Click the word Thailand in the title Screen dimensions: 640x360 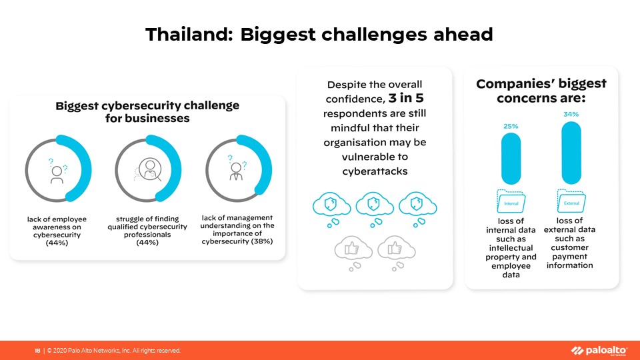(189, 34)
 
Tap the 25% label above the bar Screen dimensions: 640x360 (511, 127)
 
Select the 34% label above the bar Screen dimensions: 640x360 (571, 114)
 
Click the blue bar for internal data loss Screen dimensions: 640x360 (511, 159)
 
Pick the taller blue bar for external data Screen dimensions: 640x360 (571, 153)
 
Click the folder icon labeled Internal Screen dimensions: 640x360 (511, 201)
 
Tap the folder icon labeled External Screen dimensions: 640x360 (571, 201)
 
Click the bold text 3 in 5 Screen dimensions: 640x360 (406, 99)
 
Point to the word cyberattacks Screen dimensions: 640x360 (375, 171)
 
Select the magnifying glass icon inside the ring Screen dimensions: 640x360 (150, 169)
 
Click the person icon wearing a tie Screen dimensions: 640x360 (236, 172)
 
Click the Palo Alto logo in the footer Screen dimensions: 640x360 (599, 351)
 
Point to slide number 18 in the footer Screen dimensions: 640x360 (37, 351)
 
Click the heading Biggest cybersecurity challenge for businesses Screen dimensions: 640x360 (147, 112)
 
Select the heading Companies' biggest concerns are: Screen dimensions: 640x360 (541, 91)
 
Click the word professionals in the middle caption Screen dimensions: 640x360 (147, 235)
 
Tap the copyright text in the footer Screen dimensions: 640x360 (114, 351)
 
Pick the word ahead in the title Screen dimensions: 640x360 (463, 34)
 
